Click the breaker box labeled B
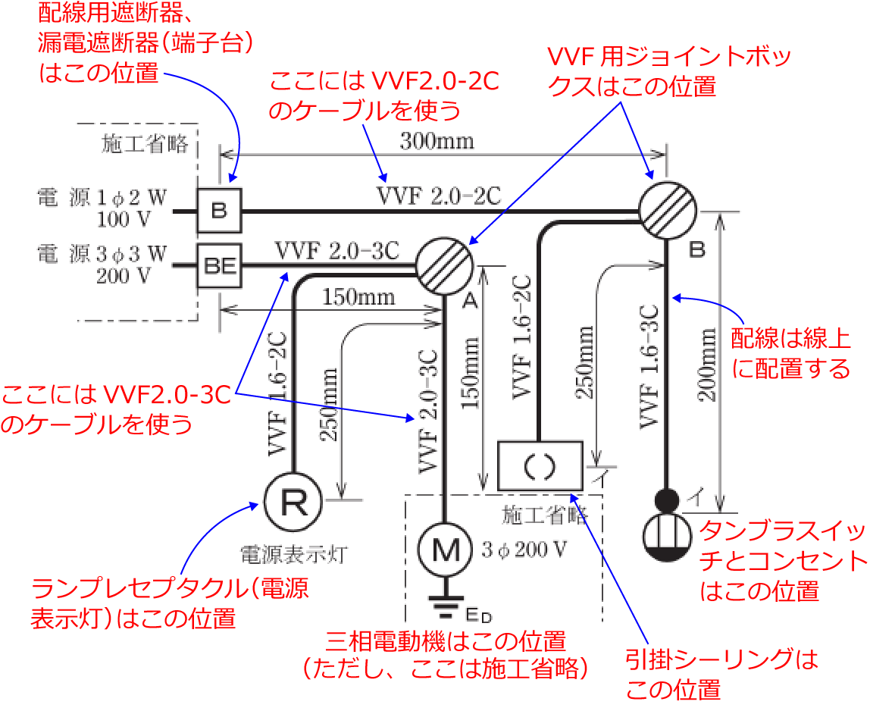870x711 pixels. [219, 211]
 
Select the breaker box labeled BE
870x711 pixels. [219, 265]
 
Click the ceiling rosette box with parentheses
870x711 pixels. [540, 465]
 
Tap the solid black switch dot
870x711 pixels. [667, 500]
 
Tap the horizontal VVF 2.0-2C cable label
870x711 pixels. [439, 196]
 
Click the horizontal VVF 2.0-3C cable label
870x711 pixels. [337, 250]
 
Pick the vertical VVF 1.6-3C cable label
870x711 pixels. [649, 366]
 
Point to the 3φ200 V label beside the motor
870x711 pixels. [524, 550]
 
